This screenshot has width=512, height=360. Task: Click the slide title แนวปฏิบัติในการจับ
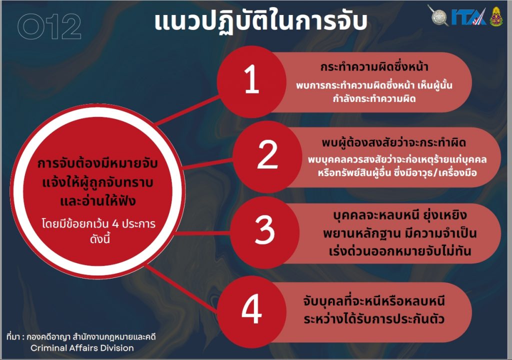pos(260,22)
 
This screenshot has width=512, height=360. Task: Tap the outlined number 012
pos(49,27)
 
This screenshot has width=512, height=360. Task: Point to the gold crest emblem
pos(496,16)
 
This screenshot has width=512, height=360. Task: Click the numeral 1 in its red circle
pos(251,79)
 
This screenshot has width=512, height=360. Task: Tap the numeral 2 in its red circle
pos(267,154)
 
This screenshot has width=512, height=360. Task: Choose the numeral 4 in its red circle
pos(251,308)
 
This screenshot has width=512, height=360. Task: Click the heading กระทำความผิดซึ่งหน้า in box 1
pos(374,67)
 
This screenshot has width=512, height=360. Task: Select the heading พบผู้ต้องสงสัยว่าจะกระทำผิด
pos(393,143)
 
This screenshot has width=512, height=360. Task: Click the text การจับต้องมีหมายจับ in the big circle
pos(97,163)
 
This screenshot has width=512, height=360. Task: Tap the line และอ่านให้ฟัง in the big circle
pos(97,200)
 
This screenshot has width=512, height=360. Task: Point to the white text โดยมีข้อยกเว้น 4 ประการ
pos(98,224)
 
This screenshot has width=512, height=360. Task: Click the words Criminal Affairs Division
pos(82,348)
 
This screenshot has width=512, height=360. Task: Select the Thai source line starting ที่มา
pos(80,337)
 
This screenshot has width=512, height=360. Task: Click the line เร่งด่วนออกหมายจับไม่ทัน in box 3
pos(399,251)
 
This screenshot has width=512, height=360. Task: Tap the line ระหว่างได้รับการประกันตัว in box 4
pos(374,318)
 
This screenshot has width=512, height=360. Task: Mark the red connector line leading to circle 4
pos(181,287)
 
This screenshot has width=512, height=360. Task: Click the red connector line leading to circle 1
pos(187,110)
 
